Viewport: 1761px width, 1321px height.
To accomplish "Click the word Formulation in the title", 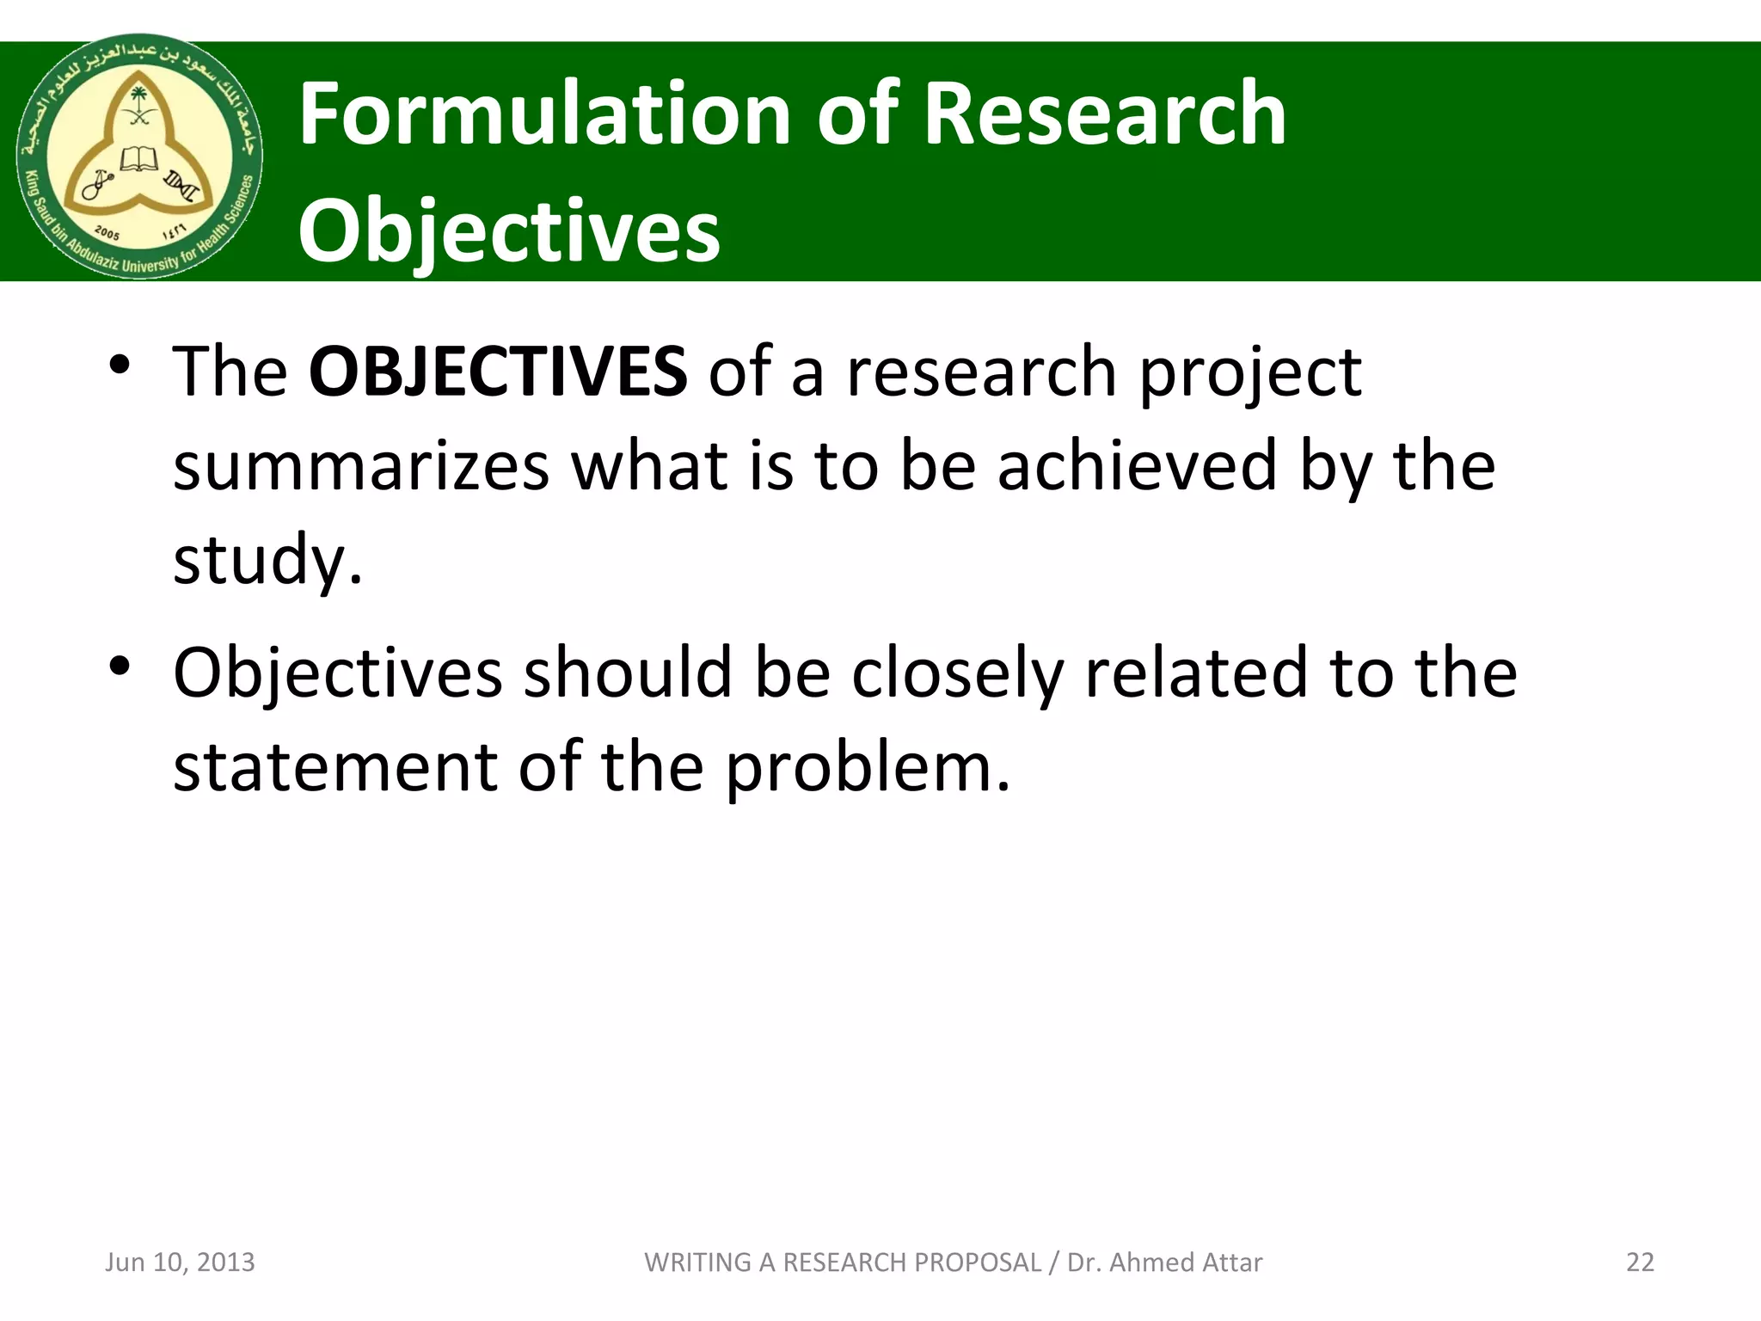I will [x=544, y=114].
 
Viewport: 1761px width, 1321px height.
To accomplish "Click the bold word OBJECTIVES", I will [x=497, y=372].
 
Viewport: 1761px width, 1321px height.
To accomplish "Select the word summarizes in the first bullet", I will [x=361, y=465].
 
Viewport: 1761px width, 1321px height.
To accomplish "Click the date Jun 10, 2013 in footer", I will [x=180, y=1262].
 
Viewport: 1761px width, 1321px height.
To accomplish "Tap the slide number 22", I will [x=1640, y=1262].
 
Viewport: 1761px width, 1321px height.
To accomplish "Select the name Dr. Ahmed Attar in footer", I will [x=1164, y=1262].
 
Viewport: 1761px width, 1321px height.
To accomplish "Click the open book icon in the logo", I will [x=138, y=159].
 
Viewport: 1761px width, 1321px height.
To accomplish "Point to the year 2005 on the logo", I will [x=107, y=232].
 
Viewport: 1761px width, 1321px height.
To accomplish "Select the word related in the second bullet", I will [x=1196, y=673].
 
